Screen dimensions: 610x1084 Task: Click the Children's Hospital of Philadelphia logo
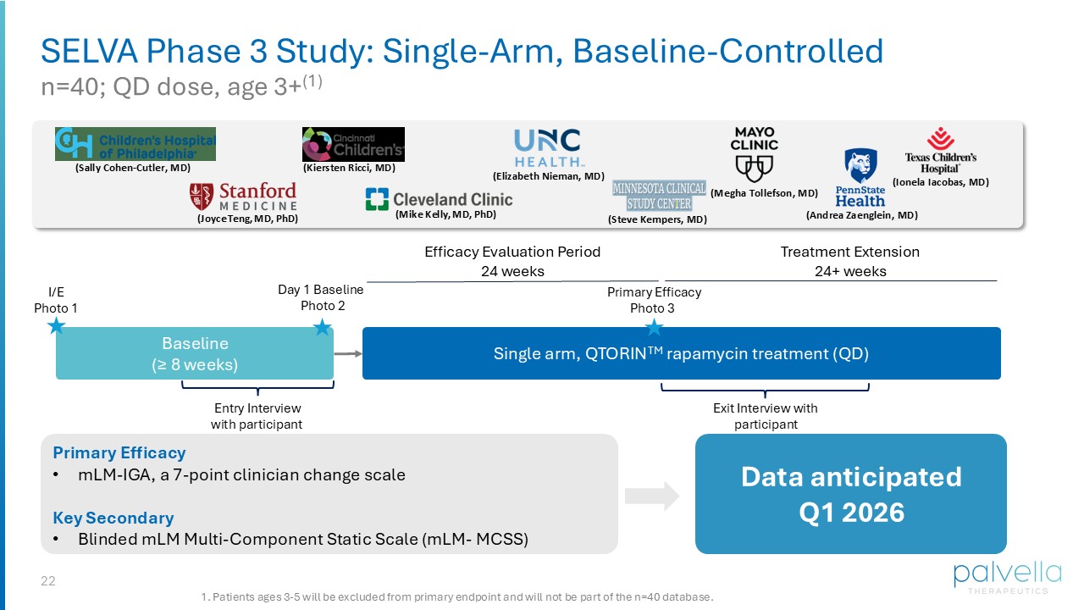pyautogui.click(x=135, y=144)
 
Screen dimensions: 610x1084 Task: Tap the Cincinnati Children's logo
pyautogui.click(x=353, y=144)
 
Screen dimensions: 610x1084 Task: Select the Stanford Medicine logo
pyautogui.click(x=243, y=197)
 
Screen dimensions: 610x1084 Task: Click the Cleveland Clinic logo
pyautogui.click(x=439, y=200)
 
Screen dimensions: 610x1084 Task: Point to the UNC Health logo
pyautogui.click(x=548, y=147)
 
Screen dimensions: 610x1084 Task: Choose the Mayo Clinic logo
pyautogui.click(x=754, y=154)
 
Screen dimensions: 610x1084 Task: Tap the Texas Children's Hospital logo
pyautogui.click(x=940, y=150)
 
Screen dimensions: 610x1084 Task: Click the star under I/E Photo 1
pyautogui.click(x=56, y=326)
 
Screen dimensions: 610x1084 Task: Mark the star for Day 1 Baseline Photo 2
pyautogui.click(x=322, y=327)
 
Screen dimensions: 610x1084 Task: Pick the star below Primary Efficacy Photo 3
pyautogui.click(x=653, y=327)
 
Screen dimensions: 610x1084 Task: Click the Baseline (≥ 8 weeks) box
pyautogui.click(x=195, y=354)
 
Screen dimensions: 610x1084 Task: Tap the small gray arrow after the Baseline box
pyautogui.click(x=346, y=353)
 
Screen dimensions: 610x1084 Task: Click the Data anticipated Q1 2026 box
pyautogui.click(x=850, y=494)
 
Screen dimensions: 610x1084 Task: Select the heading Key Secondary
pyautogui.click(x=113, y=518)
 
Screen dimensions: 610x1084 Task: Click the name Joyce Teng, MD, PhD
pyautogui.click(x=247, y=219)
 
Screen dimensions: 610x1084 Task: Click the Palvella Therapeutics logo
pyautogui.click(x=1000, y=577)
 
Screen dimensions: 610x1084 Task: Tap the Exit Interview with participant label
pyautogui.click(x=765, y=416)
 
